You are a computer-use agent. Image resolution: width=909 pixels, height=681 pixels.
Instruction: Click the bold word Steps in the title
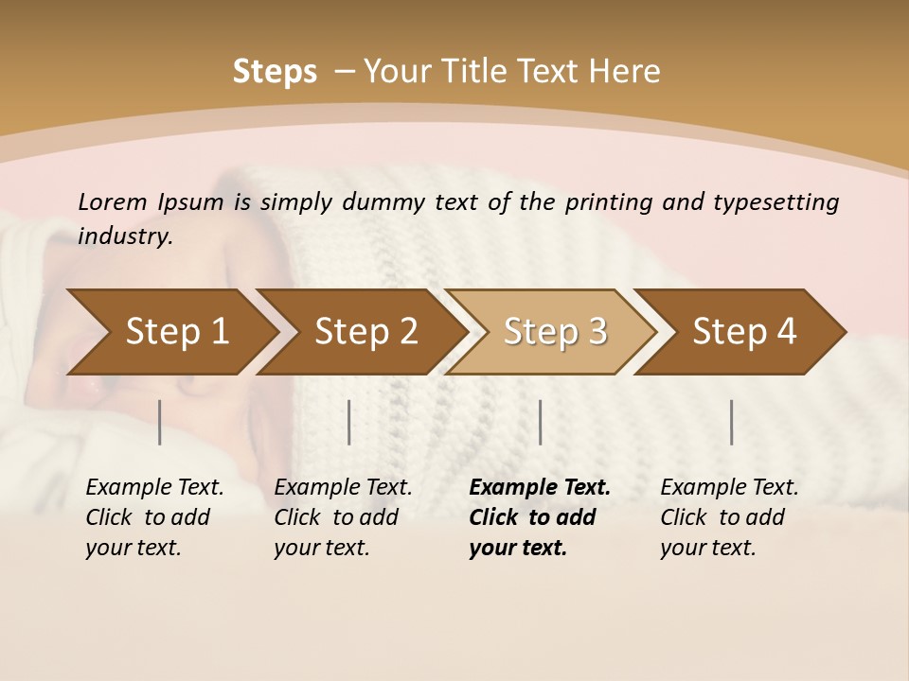pos(275,71)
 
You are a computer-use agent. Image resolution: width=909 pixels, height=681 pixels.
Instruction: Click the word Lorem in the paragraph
pos(113,201)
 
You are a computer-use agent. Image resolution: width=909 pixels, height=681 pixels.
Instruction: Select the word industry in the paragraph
pos(125,236)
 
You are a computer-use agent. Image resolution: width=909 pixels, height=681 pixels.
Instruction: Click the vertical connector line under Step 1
pos(159,422)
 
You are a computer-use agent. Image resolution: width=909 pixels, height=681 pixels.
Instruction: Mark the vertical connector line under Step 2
pos(349,422)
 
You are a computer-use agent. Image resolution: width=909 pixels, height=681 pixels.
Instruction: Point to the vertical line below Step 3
pos(540,422)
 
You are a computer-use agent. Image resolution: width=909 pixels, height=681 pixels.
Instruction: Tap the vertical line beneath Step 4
pos(731,422)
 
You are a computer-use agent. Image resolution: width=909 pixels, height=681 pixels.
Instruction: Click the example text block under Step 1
pos(154,517)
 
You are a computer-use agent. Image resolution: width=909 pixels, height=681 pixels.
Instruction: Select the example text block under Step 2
pos(343,517)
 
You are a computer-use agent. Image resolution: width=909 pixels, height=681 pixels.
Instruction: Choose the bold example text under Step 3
pos(540,517)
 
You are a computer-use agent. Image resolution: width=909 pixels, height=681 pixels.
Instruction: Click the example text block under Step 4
pos(729,517)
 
